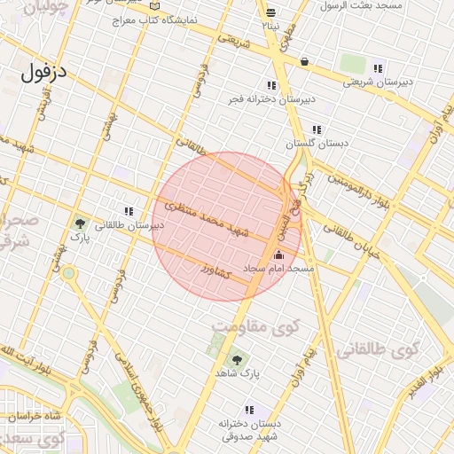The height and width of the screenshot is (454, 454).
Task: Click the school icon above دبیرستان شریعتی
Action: coord(378,68)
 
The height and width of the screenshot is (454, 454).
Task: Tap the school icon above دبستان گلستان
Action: coord(317,129)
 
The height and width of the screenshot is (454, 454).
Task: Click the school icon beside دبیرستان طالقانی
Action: coord(129,211)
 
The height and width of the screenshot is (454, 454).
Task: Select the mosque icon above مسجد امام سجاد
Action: coord(278,254)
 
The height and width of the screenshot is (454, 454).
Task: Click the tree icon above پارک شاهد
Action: coord(236,359)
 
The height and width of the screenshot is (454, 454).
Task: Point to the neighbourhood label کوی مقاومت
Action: coord(255,327)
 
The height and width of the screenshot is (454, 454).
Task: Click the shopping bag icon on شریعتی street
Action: coord(305,62)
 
